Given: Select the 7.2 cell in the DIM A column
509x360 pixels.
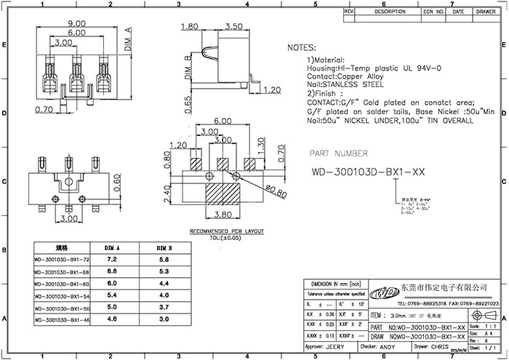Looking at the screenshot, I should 113,259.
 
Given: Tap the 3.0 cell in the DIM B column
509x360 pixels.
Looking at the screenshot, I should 164,319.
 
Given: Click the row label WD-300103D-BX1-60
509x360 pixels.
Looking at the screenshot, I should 61,284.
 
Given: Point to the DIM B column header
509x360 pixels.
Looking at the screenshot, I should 164,248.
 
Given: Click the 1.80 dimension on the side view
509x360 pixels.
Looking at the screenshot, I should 190,27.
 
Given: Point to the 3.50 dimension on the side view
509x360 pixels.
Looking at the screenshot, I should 233,27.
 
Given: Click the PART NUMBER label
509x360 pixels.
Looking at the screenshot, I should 339,153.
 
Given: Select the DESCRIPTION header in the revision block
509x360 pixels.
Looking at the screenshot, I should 390,12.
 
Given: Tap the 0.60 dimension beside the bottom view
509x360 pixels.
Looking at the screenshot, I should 116,177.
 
